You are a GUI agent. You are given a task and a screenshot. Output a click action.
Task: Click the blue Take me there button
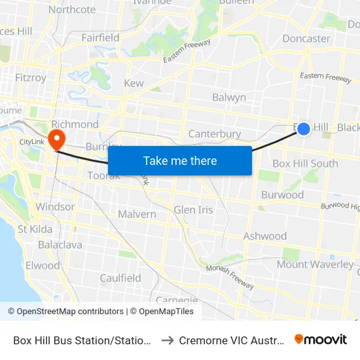tap(180, 160)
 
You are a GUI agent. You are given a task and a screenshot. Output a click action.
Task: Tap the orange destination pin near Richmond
tap(57, 139)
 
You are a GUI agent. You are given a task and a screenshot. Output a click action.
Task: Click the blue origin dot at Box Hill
tap(304, 129)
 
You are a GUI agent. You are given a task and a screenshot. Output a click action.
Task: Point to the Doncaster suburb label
tap(306, 39)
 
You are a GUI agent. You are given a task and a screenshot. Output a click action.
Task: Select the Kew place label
tap(134, 84)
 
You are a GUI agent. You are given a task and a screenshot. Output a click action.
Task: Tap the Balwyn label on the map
tap(229, 98)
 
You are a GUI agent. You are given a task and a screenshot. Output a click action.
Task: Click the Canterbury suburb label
tap(215, 134)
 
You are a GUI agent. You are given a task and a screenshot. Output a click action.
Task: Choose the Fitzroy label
tap(31, 78)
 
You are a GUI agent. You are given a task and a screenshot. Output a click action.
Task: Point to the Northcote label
tap(72, 10)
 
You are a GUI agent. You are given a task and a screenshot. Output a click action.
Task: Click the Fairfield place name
tap(100, 38)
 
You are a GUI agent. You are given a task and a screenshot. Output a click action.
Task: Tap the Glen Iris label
tap(193, 210)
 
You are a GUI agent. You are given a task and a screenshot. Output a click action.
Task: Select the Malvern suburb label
tap(137, 214)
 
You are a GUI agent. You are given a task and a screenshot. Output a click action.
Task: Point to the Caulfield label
tap(120, 278)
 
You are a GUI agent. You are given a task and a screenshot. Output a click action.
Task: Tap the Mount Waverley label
tap(310, 264)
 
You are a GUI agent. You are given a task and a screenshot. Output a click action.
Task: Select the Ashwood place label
tap(265, 236)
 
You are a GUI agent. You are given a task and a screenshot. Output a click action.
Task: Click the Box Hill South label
tap(305, 164)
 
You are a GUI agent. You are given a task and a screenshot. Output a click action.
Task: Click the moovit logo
tap(321, 339)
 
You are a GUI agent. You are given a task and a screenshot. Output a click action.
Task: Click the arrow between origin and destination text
tap(166, 340)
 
